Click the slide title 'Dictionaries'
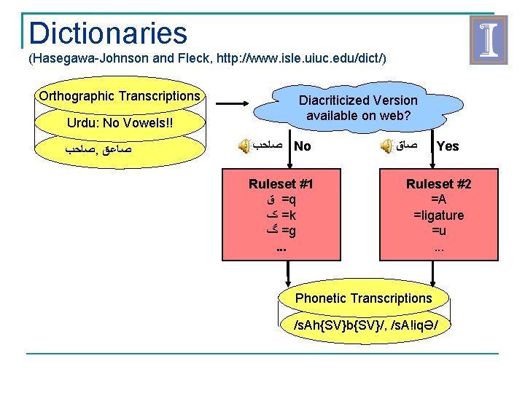[108, 33]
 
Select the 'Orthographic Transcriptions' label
[119, 96]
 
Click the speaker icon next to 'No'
[244, 146]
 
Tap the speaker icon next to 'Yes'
[386, 146]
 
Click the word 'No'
[303, 146]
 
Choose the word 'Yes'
[447, 146]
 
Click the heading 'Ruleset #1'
[281, 184]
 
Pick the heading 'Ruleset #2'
[438, 184]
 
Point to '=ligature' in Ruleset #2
[438, 215]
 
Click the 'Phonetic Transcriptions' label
[363, 298]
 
